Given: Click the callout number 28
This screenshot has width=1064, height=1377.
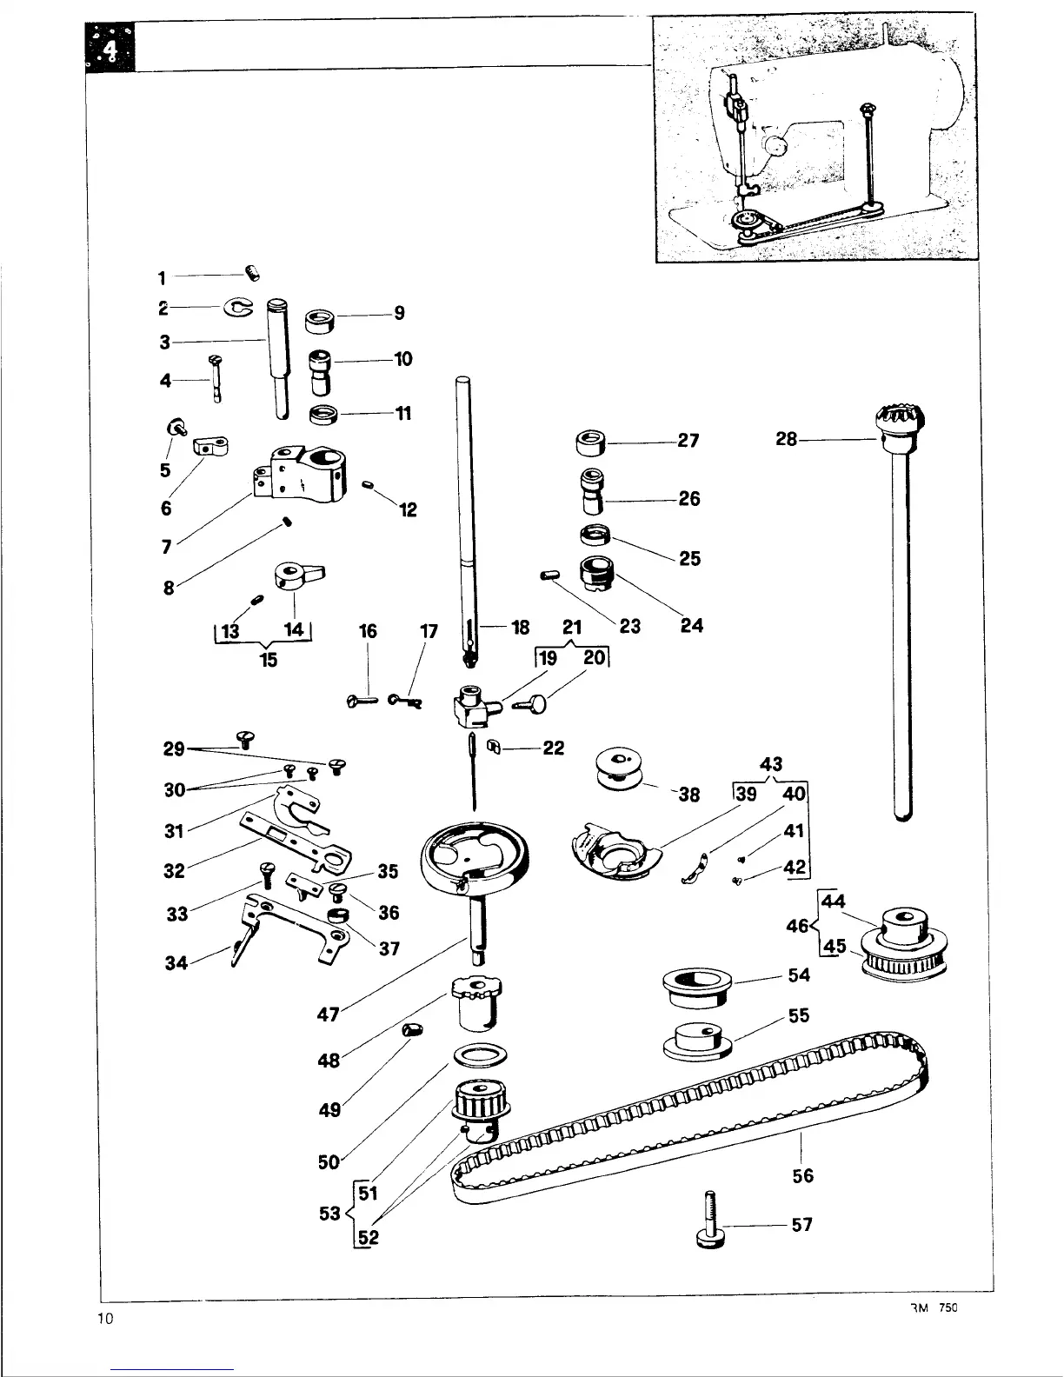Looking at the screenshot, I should pos(786,440).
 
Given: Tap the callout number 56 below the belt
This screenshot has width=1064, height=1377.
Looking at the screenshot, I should pos(803,1175).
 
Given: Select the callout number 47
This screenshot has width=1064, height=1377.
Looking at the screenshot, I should pos(328,1014).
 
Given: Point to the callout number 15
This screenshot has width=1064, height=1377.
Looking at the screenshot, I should pos(269,660).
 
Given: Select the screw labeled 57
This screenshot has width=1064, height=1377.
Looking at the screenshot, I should pos(708,1221).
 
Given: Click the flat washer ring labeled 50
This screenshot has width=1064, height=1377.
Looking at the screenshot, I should pos(479,1055).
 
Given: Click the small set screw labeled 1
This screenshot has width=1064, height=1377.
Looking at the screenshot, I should pos(253,276).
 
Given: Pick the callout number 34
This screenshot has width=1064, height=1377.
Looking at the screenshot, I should pos(176,962).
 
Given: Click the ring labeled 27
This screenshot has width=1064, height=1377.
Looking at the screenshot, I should pos(591,442).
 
